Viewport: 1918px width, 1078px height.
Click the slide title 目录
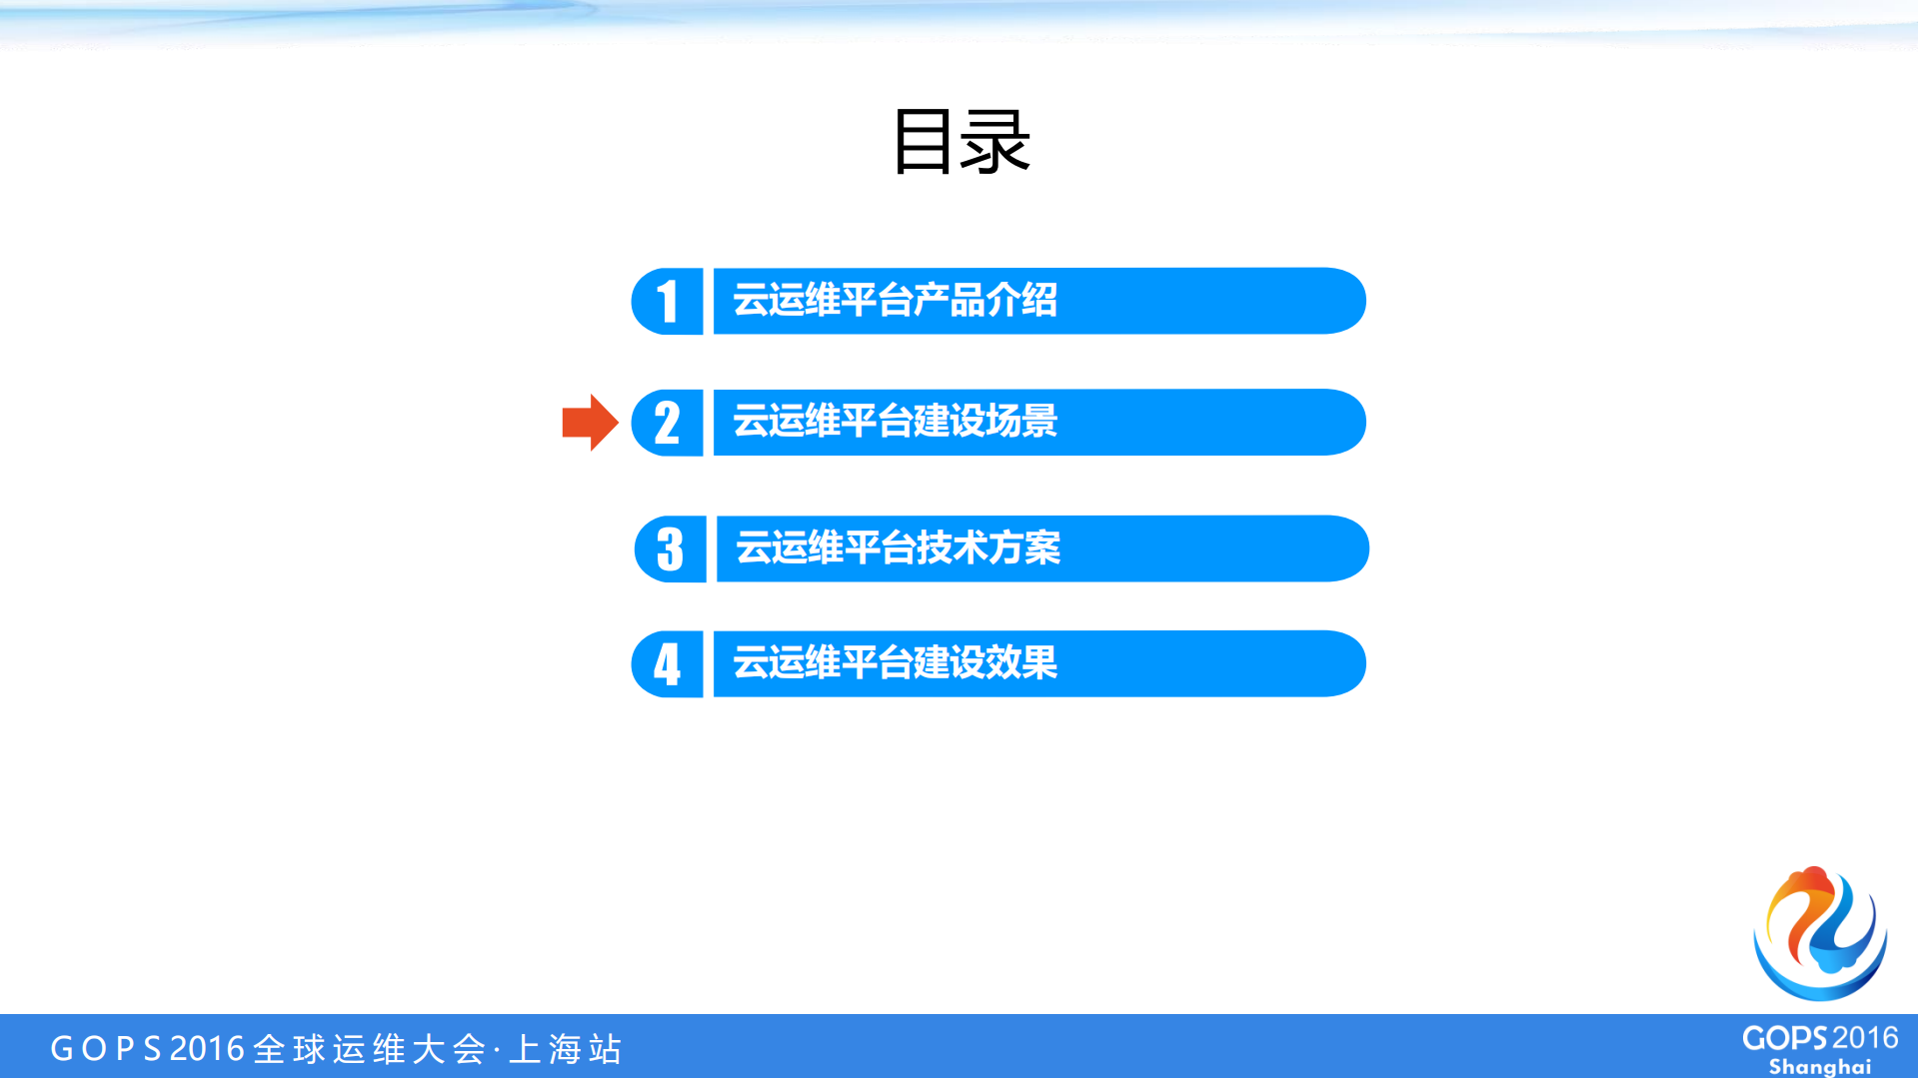tap(960, 142)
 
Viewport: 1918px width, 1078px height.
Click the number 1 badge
tap(668, 301)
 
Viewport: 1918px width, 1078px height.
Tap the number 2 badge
tap(668, 423)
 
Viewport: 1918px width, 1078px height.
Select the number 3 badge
tap(671, 548)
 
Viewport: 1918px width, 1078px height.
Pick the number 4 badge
tap(668, 663)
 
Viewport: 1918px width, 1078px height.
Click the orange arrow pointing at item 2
tap(590, 423)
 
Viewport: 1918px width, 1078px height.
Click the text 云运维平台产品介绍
tap(895, 300)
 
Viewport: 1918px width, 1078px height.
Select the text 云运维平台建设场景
tap(895, 421)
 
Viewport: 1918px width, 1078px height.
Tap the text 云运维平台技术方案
tap(898, 547)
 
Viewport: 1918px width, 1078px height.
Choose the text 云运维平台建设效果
tap(895, 662)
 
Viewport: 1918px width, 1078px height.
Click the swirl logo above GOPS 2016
tap(1820, 933)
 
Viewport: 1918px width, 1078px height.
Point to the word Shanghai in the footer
tap(1819, 1067)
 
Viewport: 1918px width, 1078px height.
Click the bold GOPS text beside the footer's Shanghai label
tap(1785, 1038)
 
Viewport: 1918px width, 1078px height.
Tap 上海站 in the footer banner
tap(566, 1049)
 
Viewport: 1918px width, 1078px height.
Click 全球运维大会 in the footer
tap(370, 1049)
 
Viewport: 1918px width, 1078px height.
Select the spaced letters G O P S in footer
tap(106, 1049)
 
